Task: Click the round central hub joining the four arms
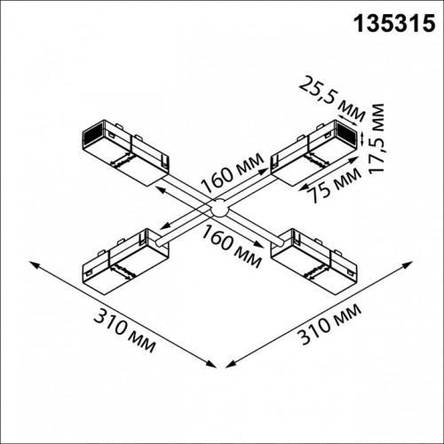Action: (218, 210)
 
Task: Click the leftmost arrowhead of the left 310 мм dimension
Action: (32, 263)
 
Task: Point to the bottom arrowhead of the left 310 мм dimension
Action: (214, 365)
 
